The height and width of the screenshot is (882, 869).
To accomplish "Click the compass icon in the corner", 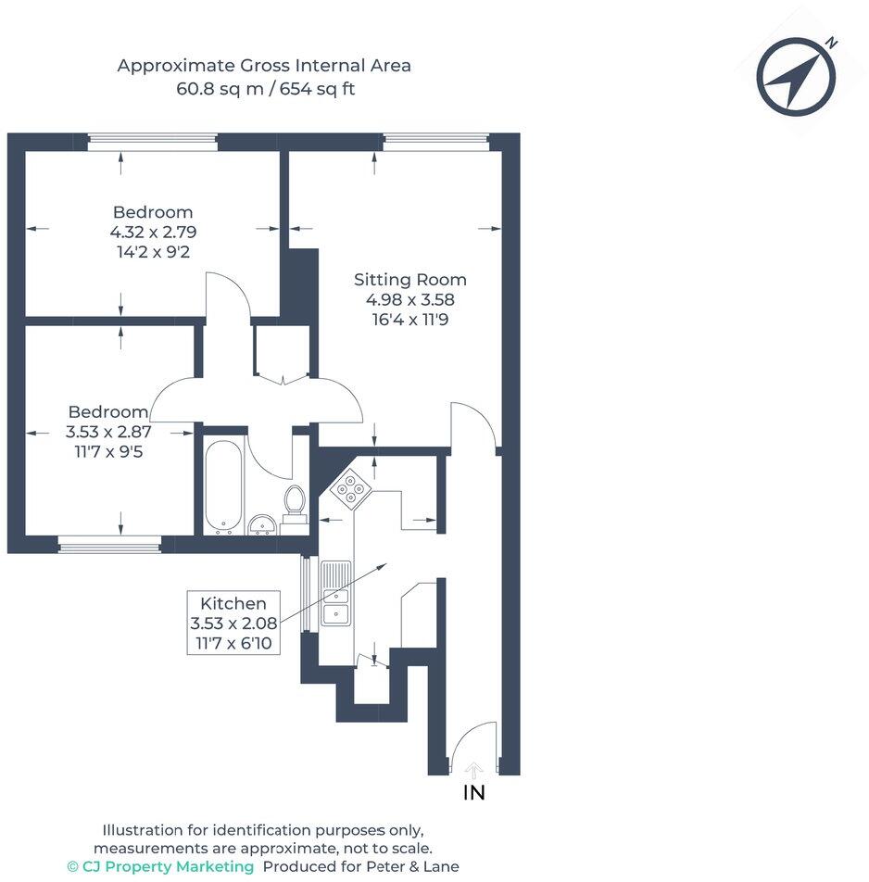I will [796, 75].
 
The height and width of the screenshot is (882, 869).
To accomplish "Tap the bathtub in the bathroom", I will [223, 485].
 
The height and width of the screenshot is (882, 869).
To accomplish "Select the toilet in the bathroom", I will [295, 505].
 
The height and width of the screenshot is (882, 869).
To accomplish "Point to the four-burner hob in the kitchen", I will [351, 489].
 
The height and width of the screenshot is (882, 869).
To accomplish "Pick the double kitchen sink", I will [334, 593].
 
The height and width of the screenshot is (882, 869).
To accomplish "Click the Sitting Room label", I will [410, 279].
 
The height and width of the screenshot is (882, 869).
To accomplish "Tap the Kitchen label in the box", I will [233, 603].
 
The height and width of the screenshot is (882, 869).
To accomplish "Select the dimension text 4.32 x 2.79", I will [153, 232].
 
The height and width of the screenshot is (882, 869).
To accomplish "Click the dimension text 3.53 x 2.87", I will [108, 432].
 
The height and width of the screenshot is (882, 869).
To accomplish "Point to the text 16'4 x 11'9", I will [410, 320].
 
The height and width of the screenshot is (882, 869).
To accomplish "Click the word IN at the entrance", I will [473, 793].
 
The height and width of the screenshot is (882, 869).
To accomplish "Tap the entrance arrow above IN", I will [473, 769].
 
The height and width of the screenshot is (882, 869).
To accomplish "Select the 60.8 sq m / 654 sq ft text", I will [265, 90].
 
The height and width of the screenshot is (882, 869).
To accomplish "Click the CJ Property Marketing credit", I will [160, 866].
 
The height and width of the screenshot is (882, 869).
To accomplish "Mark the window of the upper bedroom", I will [153, 142].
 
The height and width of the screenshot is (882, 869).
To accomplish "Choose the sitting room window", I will [435, 142].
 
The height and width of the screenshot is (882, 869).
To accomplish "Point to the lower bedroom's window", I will [109, 546].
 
